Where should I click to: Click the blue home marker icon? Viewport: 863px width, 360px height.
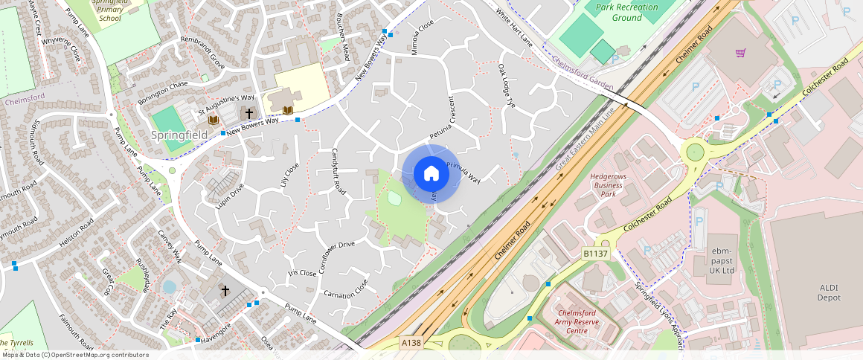[431, 174]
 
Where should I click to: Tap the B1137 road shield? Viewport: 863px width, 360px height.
[595, 254]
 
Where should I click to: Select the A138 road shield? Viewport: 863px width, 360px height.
[411, 343]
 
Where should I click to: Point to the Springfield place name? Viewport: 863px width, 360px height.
[179, 135]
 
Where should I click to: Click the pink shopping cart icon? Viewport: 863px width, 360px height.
[740, 53]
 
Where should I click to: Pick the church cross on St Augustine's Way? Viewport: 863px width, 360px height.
[248, 114]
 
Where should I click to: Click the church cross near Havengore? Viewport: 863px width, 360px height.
[225, 291]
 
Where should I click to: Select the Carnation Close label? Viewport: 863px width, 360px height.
[345, 289]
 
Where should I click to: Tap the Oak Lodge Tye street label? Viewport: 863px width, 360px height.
[506, 86]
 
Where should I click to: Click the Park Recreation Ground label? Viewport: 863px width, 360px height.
[627, 13]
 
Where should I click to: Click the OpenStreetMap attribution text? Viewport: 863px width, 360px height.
[74, 355]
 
